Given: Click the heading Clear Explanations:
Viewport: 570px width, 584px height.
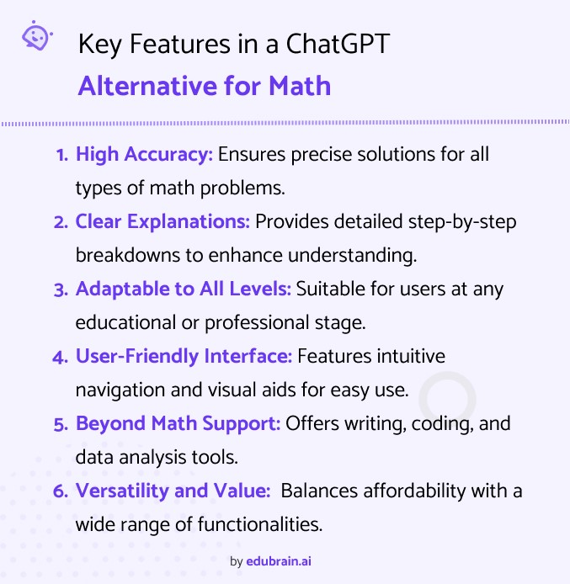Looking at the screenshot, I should point(162,221).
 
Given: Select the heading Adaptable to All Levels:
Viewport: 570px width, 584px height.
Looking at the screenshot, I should point(184,289).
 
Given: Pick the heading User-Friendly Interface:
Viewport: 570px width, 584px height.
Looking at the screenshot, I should point(184,356).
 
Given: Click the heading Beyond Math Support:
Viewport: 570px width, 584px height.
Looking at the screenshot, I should point(178,423).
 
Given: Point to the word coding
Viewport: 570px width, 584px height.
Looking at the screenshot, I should point(439,423).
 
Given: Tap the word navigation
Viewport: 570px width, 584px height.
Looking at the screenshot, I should point(115,390).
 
